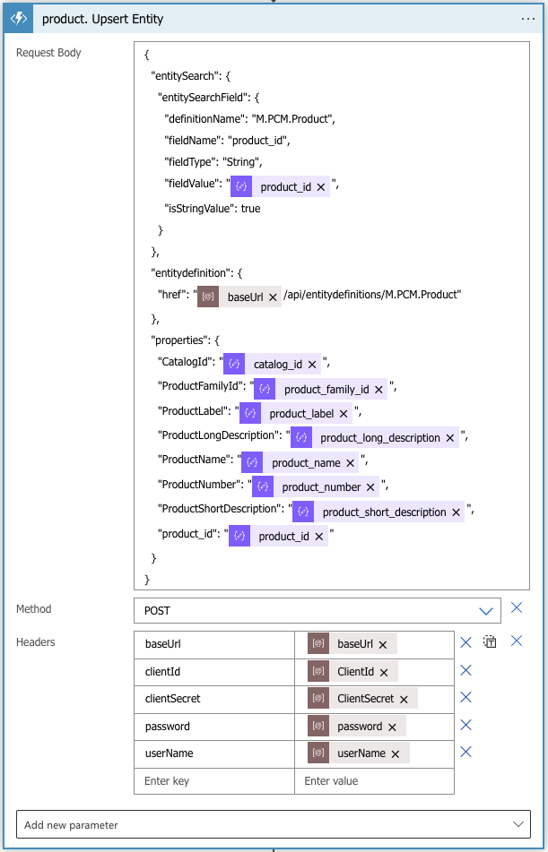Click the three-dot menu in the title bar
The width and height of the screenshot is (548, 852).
[528, 19]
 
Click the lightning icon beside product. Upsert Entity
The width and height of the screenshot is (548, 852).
[19, 19]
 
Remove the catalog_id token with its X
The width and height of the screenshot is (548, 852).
[312, 365]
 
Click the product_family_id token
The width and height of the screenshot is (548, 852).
[320, 389]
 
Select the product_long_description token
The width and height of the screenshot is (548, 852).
[375, 437]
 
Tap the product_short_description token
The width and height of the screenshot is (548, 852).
[378, 512]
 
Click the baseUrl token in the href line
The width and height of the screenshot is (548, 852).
[239, 297]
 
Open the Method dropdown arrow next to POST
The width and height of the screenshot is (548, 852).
[485, 611]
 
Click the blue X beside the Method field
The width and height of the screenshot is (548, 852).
[517, 608]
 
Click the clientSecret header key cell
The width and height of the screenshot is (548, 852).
[214, 700]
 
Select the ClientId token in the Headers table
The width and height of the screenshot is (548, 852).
[352, 672]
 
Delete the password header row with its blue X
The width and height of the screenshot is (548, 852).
[465, 725]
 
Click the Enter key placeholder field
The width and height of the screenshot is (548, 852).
[214, 781]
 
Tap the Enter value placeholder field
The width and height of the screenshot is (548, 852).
[374, 781]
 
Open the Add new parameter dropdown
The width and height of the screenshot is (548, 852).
[274, 825]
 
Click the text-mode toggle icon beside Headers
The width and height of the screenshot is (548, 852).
[491, 641]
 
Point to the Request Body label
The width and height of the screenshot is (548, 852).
[48, 53]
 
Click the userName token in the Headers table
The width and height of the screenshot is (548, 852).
[359, 753]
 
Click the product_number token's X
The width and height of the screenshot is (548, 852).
[370, 487]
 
